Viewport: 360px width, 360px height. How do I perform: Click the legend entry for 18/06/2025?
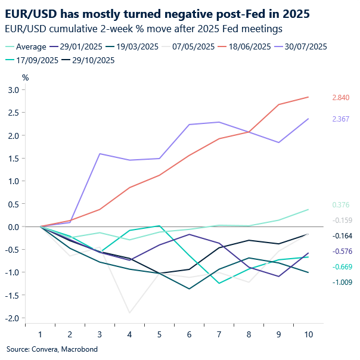[246, 46]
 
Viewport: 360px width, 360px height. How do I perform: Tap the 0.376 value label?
[340, 205]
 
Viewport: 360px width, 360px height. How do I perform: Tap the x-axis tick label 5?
[159, 336]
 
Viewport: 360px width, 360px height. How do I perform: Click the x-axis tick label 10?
[308, 336]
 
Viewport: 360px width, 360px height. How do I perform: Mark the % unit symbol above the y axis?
[25, 77]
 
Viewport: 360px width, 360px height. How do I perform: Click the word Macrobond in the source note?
[79, 349]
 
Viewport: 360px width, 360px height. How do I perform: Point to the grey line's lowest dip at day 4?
[129, 312]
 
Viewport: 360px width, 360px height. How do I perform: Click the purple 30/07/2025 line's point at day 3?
[100, 154]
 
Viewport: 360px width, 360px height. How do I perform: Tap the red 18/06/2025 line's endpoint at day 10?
[308, 97]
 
